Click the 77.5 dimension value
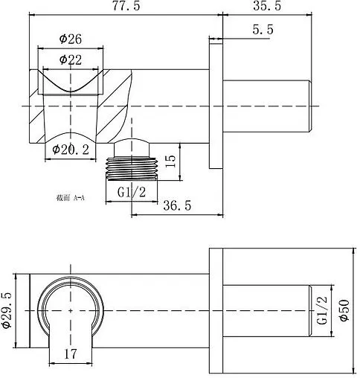(126, 5)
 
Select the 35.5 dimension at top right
(267, 5)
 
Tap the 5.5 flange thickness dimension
(263, 30)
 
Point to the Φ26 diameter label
(71, 39)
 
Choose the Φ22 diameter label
(71, 60)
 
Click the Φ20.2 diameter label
(71, 150)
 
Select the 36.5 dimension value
(177, 205)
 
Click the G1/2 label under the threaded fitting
(132, 192)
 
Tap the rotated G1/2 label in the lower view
(323, 310)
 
